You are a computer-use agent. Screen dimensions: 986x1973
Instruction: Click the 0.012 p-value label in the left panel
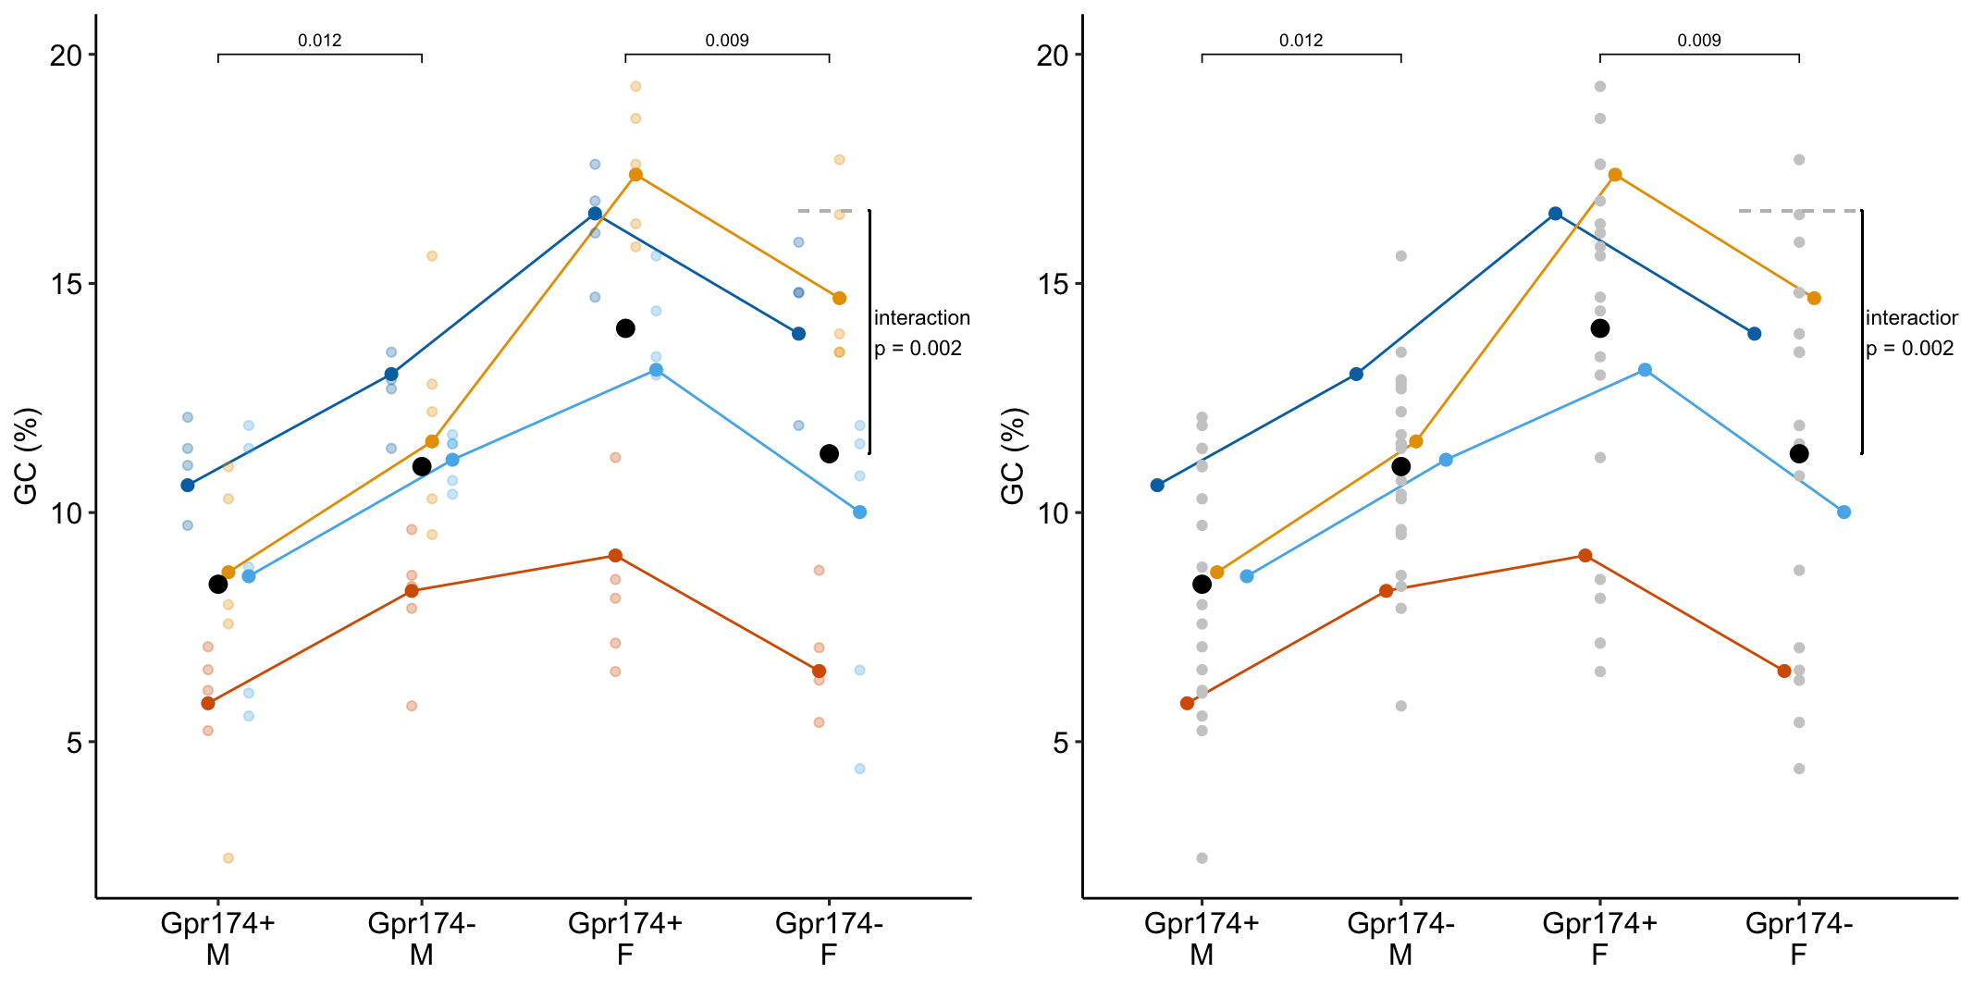[319, 41]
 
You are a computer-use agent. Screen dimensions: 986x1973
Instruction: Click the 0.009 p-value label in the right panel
[1698, 41]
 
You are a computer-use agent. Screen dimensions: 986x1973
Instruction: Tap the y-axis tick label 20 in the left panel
[66, 55]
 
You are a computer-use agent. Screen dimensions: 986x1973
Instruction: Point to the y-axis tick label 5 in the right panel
[1061, 743]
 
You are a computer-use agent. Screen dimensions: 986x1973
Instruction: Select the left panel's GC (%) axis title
[26, 456]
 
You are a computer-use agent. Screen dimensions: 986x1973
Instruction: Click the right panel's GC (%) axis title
[1013, 456]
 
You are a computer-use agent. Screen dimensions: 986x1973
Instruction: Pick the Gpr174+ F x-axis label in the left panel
[625, 938]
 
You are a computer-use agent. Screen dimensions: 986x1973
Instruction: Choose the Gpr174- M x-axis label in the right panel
[1400, 938]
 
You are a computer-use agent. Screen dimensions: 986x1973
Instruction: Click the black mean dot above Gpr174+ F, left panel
[625, 328]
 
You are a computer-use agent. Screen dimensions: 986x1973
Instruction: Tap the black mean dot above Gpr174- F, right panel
[1799, 454]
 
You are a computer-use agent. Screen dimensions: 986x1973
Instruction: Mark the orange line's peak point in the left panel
[635, 175]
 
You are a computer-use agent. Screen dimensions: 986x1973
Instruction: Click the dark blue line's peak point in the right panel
[1556, 214]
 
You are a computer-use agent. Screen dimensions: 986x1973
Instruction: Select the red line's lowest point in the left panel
[208, 704]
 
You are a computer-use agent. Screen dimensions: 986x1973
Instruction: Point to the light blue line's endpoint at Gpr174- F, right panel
[1844, 512]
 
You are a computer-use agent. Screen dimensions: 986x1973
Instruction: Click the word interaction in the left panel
[921, 318]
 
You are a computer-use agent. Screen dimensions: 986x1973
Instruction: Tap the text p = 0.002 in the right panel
[1909, 349]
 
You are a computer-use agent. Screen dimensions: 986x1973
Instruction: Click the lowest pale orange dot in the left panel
[228, 858]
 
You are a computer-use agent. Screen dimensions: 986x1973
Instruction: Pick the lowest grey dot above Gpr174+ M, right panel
[1202, 858]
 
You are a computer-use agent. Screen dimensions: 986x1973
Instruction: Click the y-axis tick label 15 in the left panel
[66, 284]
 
